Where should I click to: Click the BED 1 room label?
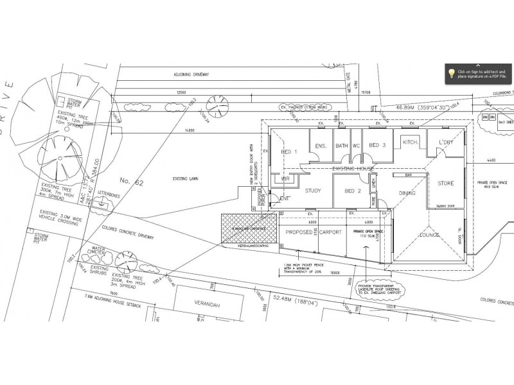pyautogui.click(x=290, y=151)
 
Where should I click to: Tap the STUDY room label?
pyautogui.click(x=313, y=190)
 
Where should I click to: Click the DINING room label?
pyautogui.click(x=407, y=193)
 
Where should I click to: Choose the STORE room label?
pyautogui.click(x=446, y=184)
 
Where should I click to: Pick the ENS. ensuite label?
pyautogui.click(x=321, y=146)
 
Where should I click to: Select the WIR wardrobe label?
pyautogui.click(x=278, y=179)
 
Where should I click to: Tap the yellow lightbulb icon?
pyautogui.click(x=452, y=73)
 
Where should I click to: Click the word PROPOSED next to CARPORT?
pyautogui.click(x=299, y=232)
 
